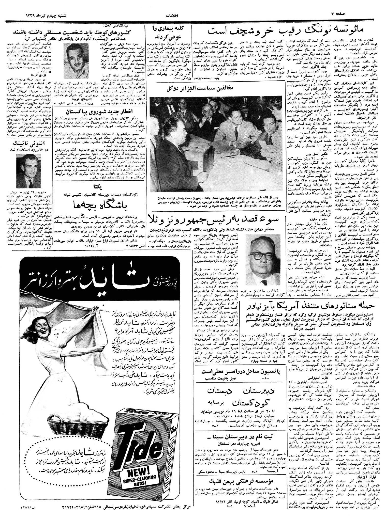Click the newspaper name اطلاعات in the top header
tap(173, 15)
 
